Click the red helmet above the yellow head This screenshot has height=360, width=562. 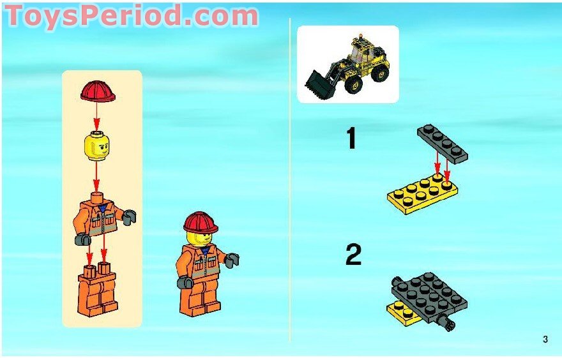pyautogui.click(x=98, y=91)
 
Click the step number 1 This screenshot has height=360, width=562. pyautogui.click(x=351, y=139)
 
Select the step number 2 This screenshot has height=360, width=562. pyautogui.click(x=353, y=256)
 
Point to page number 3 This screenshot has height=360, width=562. pyautogui.click(x=545, y=340)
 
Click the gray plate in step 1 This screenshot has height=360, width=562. pyautogui.click(x=443, y=143)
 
